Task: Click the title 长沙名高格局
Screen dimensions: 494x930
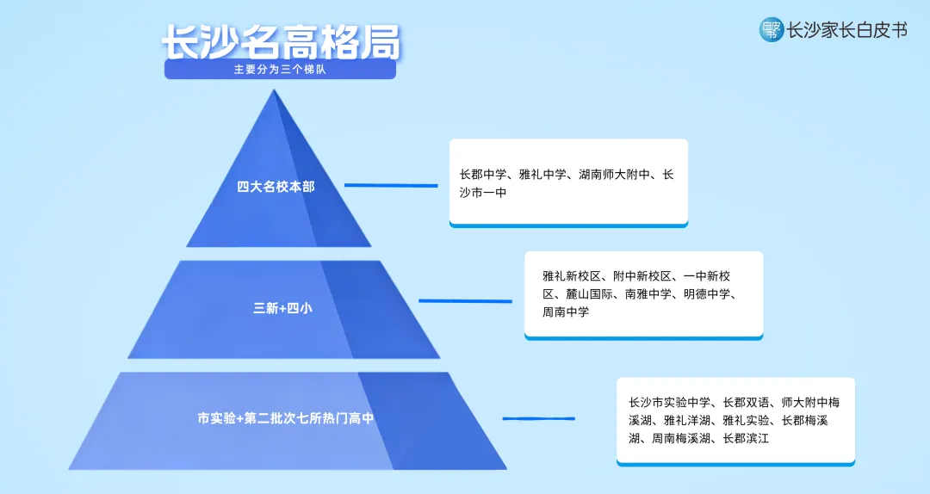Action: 281,42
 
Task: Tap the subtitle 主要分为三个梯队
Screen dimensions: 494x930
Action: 279,70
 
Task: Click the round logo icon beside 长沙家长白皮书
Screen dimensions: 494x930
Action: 771,30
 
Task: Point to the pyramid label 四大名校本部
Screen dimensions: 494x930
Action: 276,186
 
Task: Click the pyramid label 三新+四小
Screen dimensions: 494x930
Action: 282,307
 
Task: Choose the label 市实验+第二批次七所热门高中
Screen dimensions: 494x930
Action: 285,419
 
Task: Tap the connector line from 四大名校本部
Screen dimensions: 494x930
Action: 391,185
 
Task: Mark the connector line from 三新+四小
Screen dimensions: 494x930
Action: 465,301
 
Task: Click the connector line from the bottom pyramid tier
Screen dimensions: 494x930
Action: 538,419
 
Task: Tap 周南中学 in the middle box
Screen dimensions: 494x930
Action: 566,312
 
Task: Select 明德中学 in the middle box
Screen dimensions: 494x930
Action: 707,294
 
